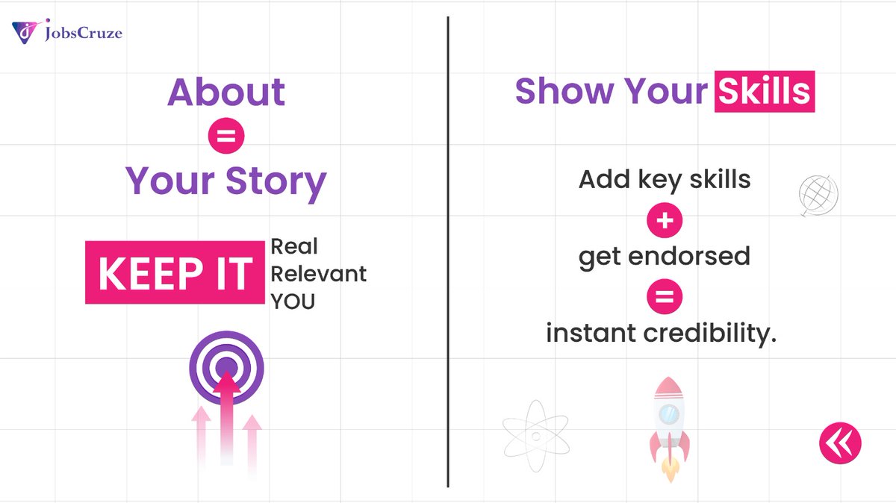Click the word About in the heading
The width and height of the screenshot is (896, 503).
[x=226, y=92]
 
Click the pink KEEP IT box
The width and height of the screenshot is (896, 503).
[x=174, y=272]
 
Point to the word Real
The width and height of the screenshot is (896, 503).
[x=294, y=246]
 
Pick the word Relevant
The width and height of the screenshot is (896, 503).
[x=318, y=274]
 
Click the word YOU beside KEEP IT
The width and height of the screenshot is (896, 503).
[x=293, y=302]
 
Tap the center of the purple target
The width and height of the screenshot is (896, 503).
[x=226, y=367]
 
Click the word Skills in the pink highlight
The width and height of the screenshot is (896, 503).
[x=764, y=91]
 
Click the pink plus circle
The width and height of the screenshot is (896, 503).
[x=664, y=220]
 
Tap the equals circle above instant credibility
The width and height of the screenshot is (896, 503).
[x=664, y=297]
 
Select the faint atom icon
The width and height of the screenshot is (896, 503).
[x=535, y=436]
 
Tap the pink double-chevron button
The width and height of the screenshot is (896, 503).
[x=840, y=443]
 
